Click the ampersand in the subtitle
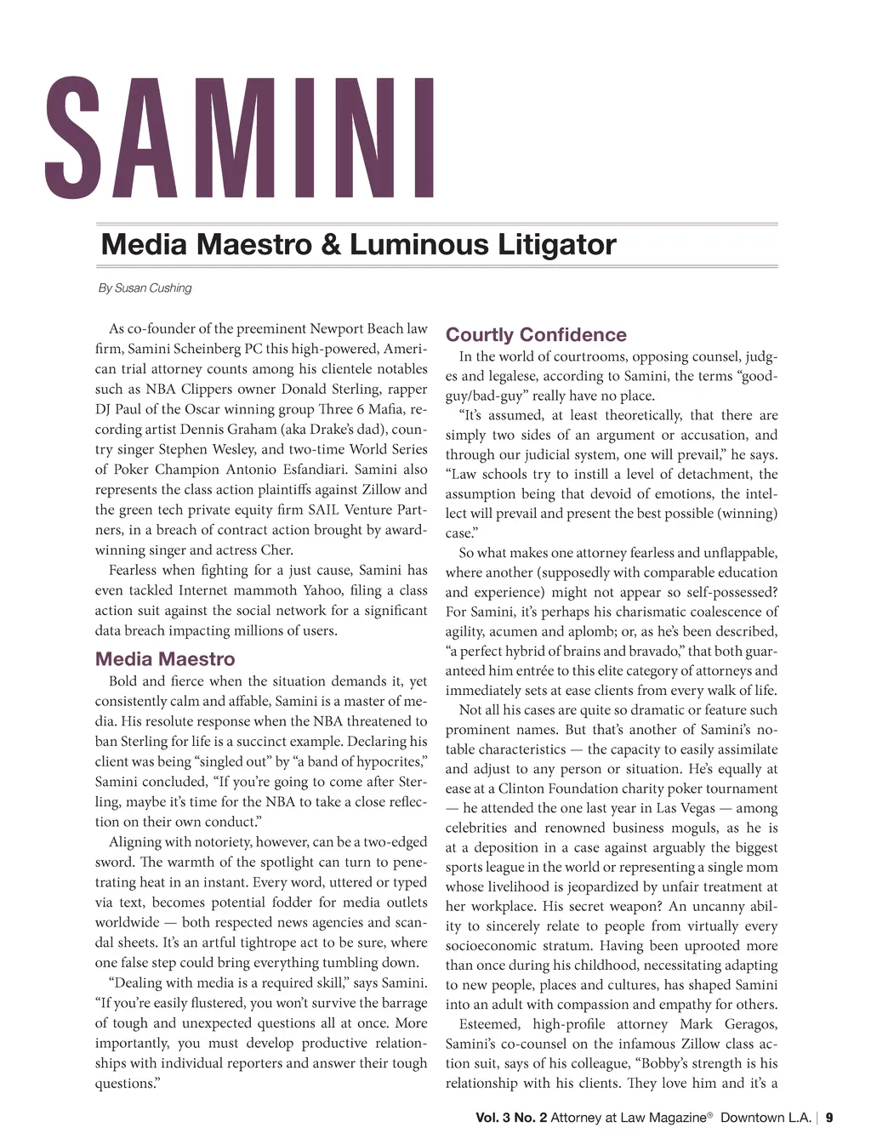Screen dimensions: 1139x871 tap(330, 245)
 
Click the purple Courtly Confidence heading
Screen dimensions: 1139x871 tap(536, 334)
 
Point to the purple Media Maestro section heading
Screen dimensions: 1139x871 tap(165, 658)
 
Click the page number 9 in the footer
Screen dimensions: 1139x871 tap(829, 1118)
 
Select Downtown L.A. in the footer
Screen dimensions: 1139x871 tap(766, 1118)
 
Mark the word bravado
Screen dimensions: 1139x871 tap(646, 652)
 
